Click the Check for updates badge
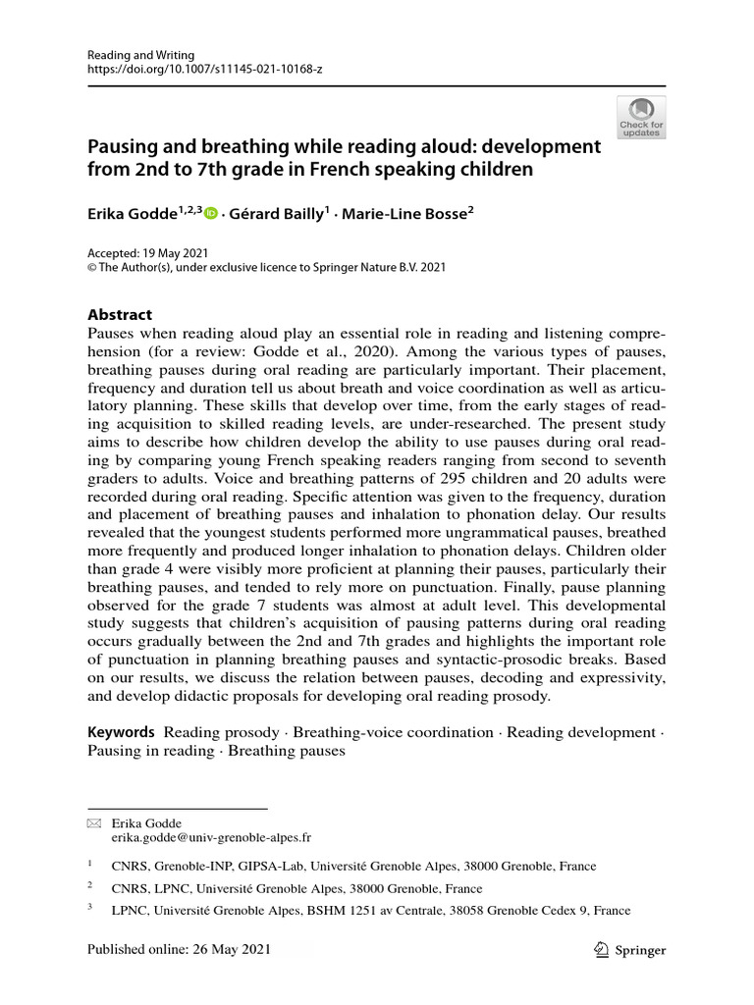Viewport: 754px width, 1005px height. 641,117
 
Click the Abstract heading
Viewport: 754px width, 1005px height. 120,315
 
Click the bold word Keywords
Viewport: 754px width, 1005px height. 121,732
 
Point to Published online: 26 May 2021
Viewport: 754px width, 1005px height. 179,950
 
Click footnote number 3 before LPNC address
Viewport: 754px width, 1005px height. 90,909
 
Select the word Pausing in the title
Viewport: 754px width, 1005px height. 124,146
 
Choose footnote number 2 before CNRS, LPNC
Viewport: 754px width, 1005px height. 90,886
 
